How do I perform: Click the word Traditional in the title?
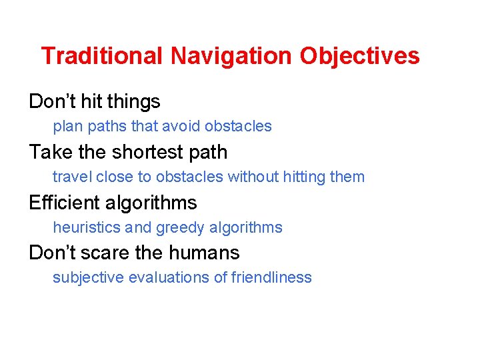pos(101,56)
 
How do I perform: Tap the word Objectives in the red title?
pos(360,56)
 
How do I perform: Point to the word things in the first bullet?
pos(134,102)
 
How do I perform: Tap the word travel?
pos(72,177)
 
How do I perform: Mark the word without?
pos(253,177)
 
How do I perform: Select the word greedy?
pos(180,228)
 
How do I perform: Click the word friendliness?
pos(271,278)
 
